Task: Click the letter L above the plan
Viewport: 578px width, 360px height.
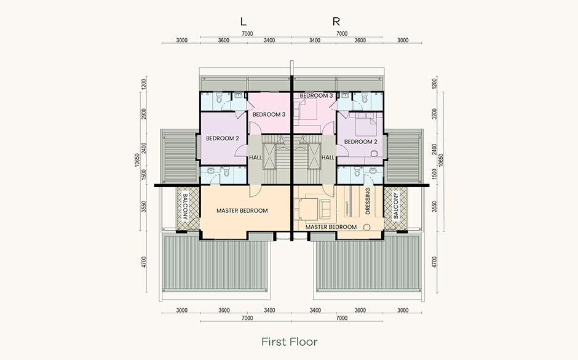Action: (x=243, y=22)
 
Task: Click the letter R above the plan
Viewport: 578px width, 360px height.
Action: (x=336, y=22)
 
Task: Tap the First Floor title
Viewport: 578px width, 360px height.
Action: (x=290, y=342)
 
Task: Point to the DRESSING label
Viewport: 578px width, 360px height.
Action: (x=368, y=201)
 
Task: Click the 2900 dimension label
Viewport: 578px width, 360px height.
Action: (x=144, y=114)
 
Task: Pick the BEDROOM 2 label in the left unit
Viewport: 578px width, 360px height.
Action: (x=222, y=138)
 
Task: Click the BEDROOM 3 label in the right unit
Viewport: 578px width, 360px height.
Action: (x=316, y=95)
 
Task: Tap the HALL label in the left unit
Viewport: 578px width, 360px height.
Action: (x=255, y=157)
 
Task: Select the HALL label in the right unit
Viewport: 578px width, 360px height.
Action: (x=328, y=157)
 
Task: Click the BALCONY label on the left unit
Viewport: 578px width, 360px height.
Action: (x=185, y=207)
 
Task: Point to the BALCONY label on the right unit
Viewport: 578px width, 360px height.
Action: (x=396, y=206)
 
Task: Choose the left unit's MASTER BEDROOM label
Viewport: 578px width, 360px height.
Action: (x=242, y=210)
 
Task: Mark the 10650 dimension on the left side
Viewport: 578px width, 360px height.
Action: (x=138, y=160)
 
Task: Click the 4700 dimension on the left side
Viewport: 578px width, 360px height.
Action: (x=144, y=262)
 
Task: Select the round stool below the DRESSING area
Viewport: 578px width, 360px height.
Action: (x=366, y=227)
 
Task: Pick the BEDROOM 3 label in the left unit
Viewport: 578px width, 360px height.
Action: (x=269, y=114)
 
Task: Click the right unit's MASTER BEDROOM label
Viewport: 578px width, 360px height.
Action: (x=331, y=227)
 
